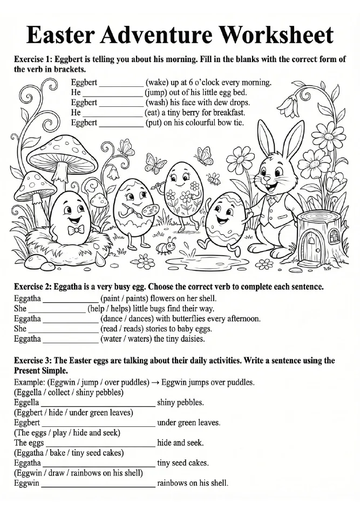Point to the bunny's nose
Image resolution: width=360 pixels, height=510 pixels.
(x=265, y=176)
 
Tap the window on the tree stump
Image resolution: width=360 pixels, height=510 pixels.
(x=335, y=235)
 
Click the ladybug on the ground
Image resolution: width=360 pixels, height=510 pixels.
(x=165, y=247)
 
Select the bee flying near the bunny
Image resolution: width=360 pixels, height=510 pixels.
(x=214, y=178)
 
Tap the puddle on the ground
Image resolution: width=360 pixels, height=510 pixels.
(x=209, y=262)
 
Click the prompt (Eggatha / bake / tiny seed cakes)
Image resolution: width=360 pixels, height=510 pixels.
(x=69, y=452)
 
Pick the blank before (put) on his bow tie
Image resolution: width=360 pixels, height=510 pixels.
(x=121, y=123)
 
